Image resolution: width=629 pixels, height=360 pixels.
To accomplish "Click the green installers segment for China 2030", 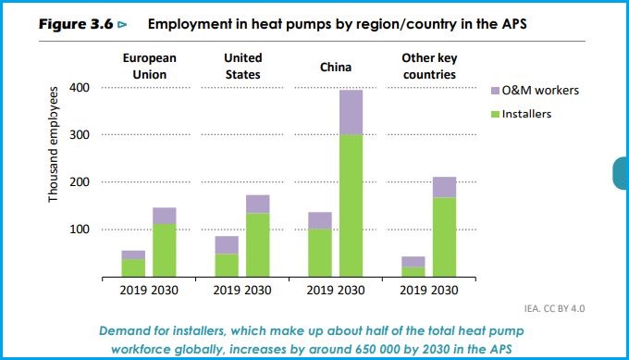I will coord(350,205).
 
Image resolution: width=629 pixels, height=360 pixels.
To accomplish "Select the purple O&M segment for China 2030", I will coord(350,112).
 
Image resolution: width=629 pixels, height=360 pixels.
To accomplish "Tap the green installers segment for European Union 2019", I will coord(133,267).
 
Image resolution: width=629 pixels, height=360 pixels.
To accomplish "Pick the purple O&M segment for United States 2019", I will coord(227,245).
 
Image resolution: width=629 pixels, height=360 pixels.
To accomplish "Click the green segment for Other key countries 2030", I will coord(444,237).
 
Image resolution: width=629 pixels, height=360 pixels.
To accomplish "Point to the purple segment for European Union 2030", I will coord(165,216).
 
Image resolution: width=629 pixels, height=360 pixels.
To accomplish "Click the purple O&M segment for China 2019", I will coord(320,220).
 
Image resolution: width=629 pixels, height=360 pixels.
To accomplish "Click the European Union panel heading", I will coord(150,66).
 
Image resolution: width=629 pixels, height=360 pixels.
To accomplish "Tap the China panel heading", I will coord(336,67).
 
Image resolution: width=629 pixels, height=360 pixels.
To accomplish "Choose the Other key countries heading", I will coord(429,66).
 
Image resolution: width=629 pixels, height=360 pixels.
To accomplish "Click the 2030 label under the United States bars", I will coord(259,290).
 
